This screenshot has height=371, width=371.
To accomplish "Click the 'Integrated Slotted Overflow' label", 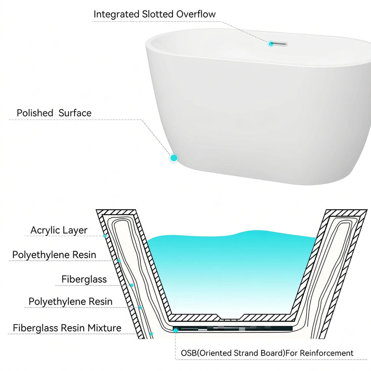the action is pos(154,14).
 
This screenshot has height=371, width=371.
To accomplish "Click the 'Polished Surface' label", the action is pos(54,113).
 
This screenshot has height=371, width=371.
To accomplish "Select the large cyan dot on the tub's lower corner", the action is pos(174,158).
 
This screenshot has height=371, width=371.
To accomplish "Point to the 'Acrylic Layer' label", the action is pos(59,230).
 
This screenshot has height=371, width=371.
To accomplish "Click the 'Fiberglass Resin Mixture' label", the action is pos(67,328).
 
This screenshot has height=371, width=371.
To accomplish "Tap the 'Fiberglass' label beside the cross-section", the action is pos(84,279).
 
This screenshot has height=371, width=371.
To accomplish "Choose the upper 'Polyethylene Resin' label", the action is pos(54,255).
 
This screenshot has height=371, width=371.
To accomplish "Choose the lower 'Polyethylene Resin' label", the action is pos(71,301).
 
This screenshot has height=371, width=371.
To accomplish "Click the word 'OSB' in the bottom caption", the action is pos(188,353).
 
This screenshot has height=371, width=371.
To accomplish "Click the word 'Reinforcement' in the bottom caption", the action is pos(326,353).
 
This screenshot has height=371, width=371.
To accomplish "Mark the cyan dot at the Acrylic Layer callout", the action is pos(105,236).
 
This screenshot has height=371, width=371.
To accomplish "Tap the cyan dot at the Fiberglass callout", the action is pos(132,285).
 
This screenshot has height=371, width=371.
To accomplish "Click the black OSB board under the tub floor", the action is pos(233,328).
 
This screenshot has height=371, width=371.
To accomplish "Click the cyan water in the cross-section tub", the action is pos(231,272).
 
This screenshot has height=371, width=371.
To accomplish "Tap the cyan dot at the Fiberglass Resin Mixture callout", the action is pos(151,333).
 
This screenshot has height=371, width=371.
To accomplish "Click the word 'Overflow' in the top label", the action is pos(196,14).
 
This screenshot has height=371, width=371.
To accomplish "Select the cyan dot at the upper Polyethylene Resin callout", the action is pos(119,261).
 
